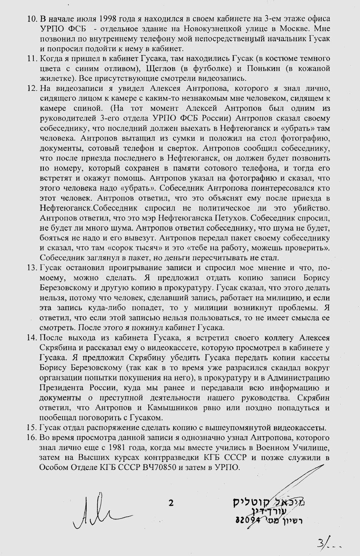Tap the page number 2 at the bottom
[x=171, y=503]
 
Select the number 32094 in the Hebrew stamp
[x=248, y=520]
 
